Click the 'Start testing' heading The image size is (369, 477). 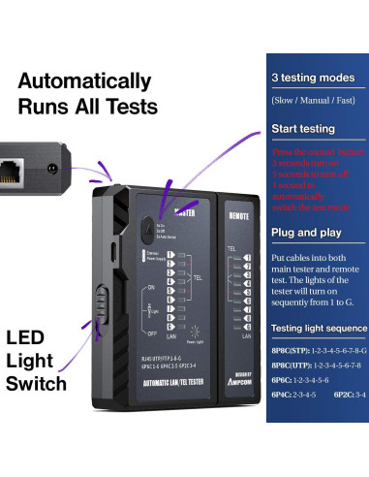click(303, 128)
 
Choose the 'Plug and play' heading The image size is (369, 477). click(304, 233)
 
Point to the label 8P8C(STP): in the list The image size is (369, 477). click(291, 350)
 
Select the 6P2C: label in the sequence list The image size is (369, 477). click(343, 396)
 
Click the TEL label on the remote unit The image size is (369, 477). click(232, 249)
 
